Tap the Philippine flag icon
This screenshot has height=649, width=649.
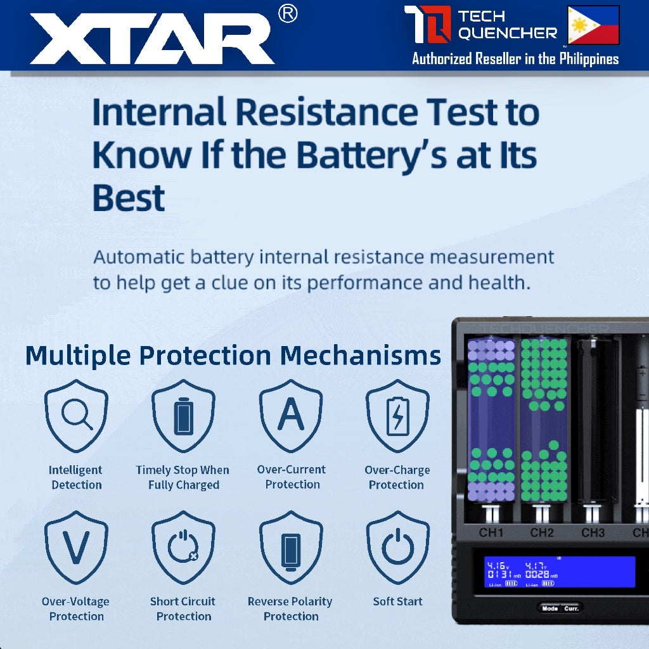tap(593, 25)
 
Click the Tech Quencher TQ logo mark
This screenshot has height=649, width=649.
tap(428, 25)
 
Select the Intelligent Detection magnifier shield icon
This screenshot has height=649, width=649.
tap(76, 416)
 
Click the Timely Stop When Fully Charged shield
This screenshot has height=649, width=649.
tap(183, 416)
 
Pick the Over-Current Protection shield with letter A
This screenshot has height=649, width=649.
tap(291, 416)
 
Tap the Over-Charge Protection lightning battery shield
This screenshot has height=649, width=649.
tap(397, 416)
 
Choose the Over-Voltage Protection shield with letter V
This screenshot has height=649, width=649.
tap(76, 547)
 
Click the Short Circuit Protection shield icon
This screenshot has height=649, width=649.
tap(183, 547)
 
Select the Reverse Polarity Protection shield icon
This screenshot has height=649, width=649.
tap(291, 547)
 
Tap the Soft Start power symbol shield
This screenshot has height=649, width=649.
tap(397, 547)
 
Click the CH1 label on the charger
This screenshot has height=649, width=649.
tap(491, 532)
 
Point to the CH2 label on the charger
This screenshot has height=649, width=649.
tap(542, 532)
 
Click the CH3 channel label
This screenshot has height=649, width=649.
tap(593, 532)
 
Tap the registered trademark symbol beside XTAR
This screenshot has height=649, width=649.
tap(288, 15)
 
